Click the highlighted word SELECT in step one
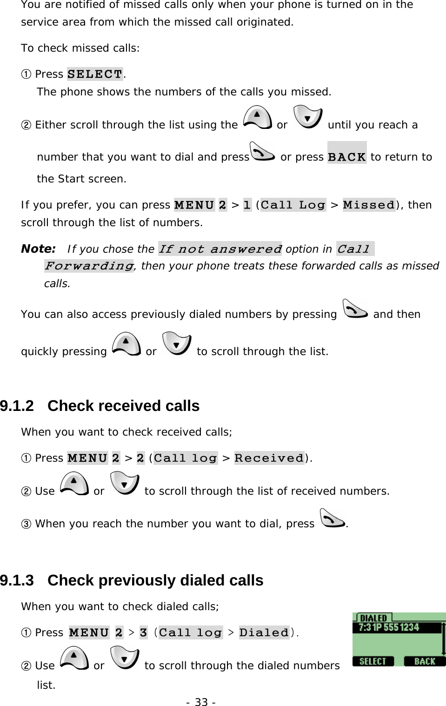pyautogui.click(x=95, y=74)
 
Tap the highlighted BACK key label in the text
pyautogui.click(x=347, y=157)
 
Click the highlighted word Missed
pyautogui.click(x=369, y=205)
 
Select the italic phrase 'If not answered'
pyautogui.click(x=220, y=249)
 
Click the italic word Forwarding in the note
pyautogui.click(x=89, y=266)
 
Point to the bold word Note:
pyautogui.click(x=38, y=249)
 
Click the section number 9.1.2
pyautogui.click(x=17, y=406)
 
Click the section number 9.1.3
pyautogui.click(x=17, y=580)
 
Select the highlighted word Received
pyautogui.click(x=269, y=458)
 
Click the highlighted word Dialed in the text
pyautogui.click(x=264, y=632)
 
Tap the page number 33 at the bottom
pyautogui.click(x=201, y=702)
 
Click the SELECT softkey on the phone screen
pyautogui.click(x=373, y=661)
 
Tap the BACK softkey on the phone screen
pyautogui.click(x=424, y=661)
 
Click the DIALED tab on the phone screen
pyautogui.click(x=373, y=618)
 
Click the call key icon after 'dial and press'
pyautogui.click(x=262, y=152)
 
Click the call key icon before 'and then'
pyautogui.click(x=355, y=309)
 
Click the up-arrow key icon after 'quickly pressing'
pyautogui.click(x=126, y=344)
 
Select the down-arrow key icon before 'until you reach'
pyautogui.click(x=308, y=117)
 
